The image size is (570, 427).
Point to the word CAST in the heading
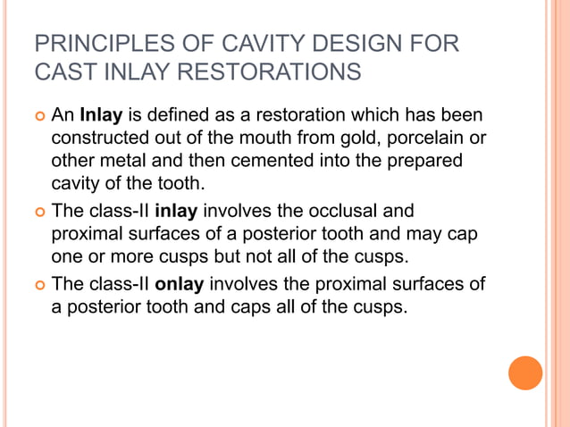[x=61, y=71]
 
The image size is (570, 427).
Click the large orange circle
[x=525, y=373]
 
